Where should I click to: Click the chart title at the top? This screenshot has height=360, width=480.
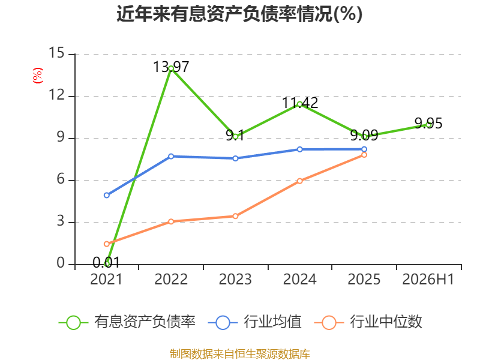coord(239,14)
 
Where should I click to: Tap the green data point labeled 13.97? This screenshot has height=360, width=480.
coord(171,68)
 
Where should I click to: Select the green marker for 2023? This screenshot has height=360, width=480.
coord(235,137)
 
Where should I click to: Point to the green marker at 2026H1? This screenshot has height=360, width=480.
coord(428,125)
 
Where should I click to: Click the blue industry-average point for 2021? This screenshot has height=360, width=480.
coord(107,195)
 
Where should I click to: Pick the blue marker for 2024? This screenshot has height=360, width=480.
coord(299,149)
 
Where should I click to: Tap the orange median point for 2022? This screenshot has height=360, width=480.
coord(171,221)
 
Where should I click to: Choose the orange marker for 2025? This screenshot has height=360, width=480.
coord(364,155)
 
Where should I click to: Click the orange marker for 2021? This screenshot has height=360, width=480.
coord(107,244)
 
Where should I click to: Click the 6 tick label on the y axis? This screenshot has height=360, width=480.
coord(61,179)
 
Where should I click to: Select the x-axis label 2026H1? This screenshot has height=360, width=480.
coord(428,279)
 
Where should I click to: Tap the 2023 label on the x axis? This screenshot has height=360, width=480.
coord(235,279)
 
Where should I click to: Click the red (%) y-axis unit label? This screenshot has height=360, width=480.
coord(38,76)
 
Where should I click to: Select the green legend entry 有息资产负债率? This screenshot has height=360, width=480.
coord(127,322)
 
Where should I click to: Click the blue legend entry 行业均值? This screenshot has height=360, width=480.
coord(254,322)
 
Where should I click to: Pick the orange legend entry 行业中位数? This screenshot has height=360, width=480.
coord(368,322)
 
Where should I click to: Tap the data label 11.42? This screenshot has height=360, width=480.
coord(300,103)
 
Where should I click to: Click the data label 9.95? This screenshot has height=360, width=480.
coord(428,124)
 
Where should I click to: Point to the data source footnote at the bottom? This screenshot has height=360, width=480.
coord(240,354)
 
